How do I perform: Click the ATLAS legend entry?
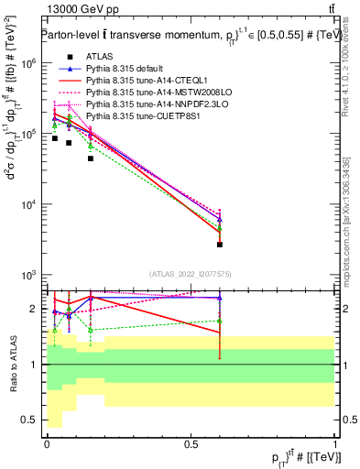[98, 57]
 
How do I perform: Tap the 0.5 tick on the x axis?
[191, 443]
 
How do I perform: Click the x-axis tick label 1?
[335, 443]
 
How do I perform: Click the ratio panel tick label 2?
[36, 309]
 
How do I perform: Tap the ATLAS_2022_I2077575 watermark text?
[190, 275]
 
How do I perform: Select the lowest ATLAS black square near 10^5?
[91, 158]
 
